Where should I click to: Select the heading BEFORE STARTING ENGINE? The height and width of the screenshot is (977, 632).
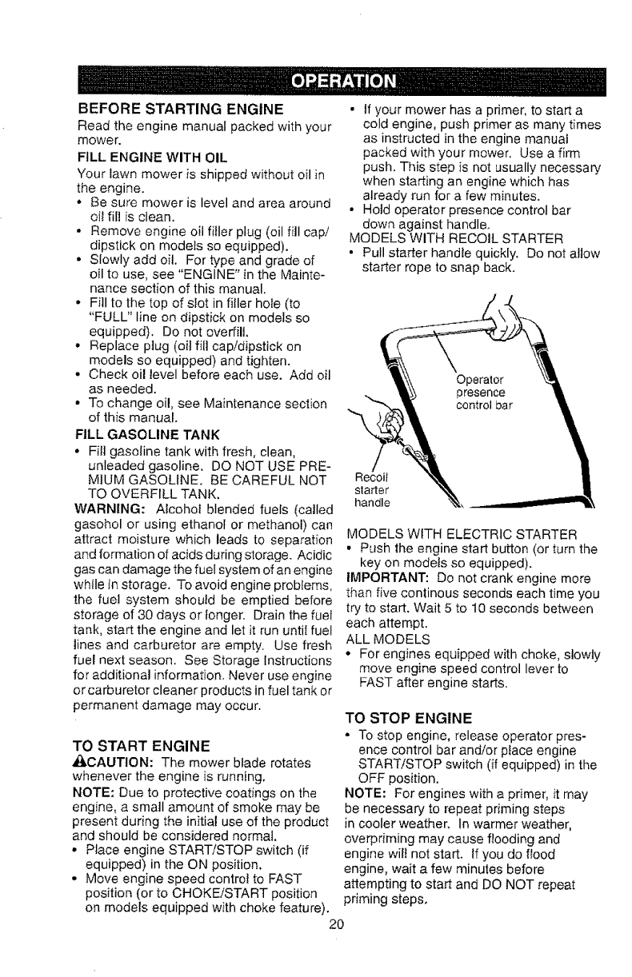coord(179,109)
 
